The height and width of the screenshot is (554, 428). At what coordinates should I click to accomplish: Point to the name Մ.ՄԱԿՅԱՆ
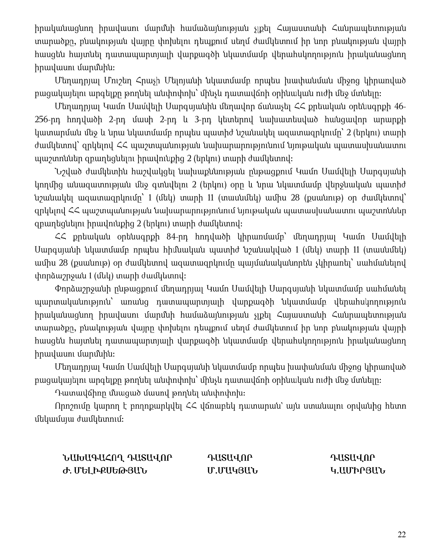(x=233, y=470)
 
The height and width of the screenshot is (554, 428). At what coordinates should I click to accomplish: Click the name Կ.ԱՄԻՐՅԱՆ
(x=358, y=470)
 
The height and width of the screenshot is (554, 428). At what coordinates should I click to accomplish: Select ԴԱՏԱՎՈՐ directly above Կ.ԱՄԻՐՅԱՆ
(x=353, y=458)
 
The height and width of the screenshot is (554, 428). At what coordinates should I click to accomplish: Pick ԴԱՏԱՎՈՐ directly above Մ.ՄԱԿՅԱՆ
(x=230, y=458)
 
